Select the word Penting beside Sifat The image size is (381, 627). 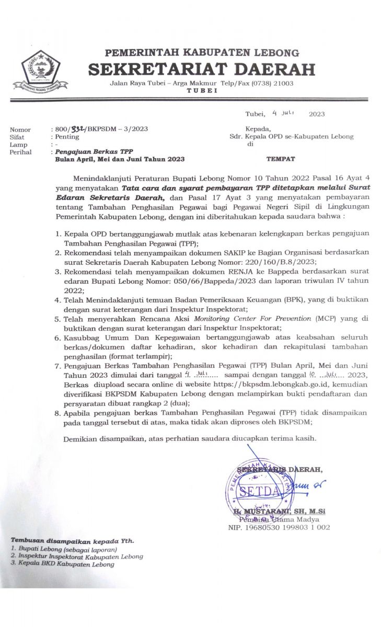[x=67, y=137]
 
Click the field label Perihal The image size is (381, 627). [x=20, y=152]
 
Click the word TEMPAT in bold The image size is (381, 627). [x=281, y=159]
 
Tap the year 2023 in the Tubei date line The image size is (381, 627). [x=317, y=113]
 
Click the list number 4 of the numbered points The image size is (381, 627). [x=58, y=300]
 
